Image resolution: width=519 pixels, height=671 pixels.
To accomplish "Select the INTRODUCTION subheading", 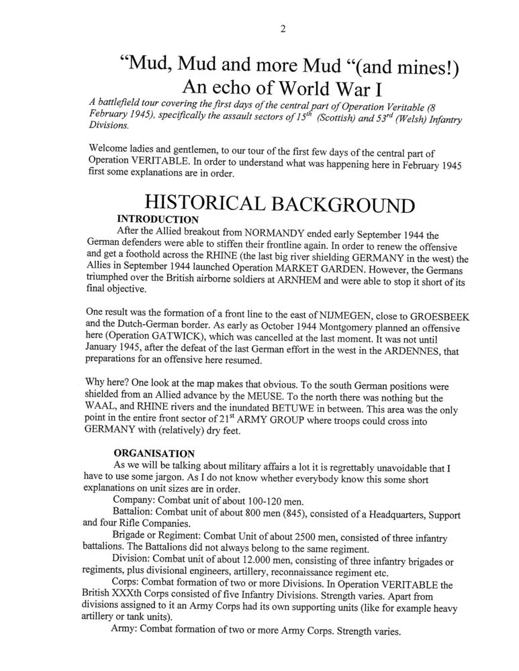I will (x=158, y=219).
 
